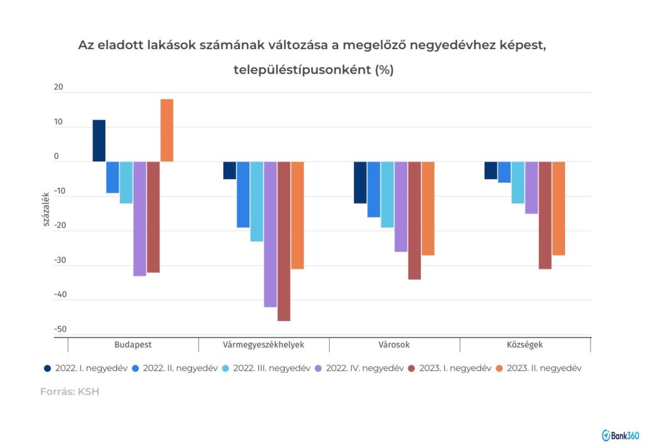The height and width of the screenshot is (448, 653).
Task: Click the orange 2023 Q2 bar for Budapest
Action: [x=166, y=130]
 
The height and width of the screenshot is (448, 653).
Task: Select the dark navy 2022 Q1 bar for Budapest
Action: [x=99, y=140]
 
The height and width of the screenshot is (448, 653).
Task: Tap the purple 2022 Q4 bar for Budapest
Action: [x=140, y=218]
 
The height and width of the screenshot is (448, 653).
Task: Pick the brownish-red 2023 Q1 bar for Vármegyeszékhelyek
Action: [x=284, y=241]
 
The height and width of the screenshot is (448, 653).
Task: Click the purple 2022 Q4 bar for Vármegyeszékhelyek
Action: [x=270, y=234]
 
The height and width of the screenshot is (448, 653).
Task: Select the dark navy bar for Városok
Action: [x=360, y=182]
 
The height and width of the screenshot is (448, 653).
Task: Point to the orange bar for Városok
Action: [x=428, y=208]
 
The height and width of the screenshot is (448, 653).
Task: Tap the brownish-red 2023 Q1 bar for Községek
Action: [x=545, y=215]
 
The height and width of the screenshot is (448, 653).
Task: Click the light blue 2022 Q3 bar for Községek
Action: [x=518, y=182]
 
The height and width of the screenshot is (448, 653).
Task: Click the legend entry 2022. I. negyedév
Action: [x=86, y=368]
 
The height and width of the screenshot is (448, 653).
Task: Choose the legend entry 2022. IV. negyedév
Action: [x=358, y=368]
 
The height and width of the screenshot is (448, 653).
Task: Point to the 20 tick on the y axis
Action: [x=59, y=88]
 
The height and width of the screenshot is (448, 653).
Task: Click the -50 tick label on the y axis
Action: [x=61, y=329]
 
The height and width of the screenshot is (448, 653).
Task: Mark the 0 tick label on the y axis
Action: [x=56, y=157]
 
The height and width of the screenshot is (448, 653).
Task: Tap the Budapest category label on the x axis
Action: [x=133, y=345]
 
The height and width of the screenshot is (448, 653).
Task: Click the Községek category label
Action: [x=525, y=345]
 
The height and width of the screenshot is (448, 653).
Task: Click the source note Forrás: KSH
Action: [x=70, y=392]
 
